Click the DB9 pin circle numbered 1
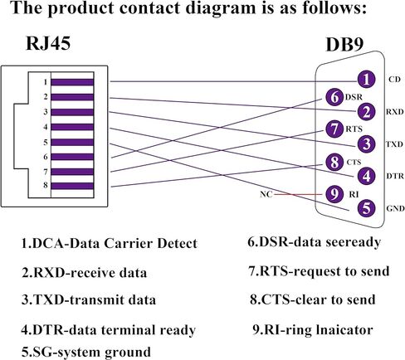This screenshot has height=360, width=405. coord(366,80)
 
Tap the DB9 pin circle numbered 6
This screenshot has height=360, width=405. coord(334,97)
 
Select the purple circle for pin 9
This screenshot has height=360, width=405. coord(334,194)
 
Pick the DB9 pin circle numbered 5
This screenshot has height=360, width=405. coord(366,208)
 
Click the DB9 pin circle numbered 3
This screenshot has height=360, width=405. coord(366,144)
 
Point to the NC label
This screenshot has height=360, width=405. coord(266,194)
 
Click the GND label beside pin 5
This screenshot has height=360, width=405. coord(395,208)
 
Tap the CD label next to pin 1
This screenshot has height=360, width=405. coord(394,80)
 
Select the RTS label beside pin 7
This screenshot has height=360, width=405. coord(354,129)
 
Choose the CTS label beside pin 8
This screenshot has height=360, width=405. coord(354,162)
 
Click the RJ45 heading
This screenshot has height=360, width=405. coord(48,43)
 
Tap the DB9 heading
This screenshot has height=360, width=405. coord(344,44)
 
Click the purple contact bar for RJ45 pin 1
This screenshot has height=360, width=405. coord(72,82)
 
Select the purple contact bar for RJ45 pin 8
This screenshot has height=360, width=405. coord(72,186)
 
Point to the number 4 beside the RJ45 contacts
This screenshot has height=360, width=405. coord(46,127)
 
